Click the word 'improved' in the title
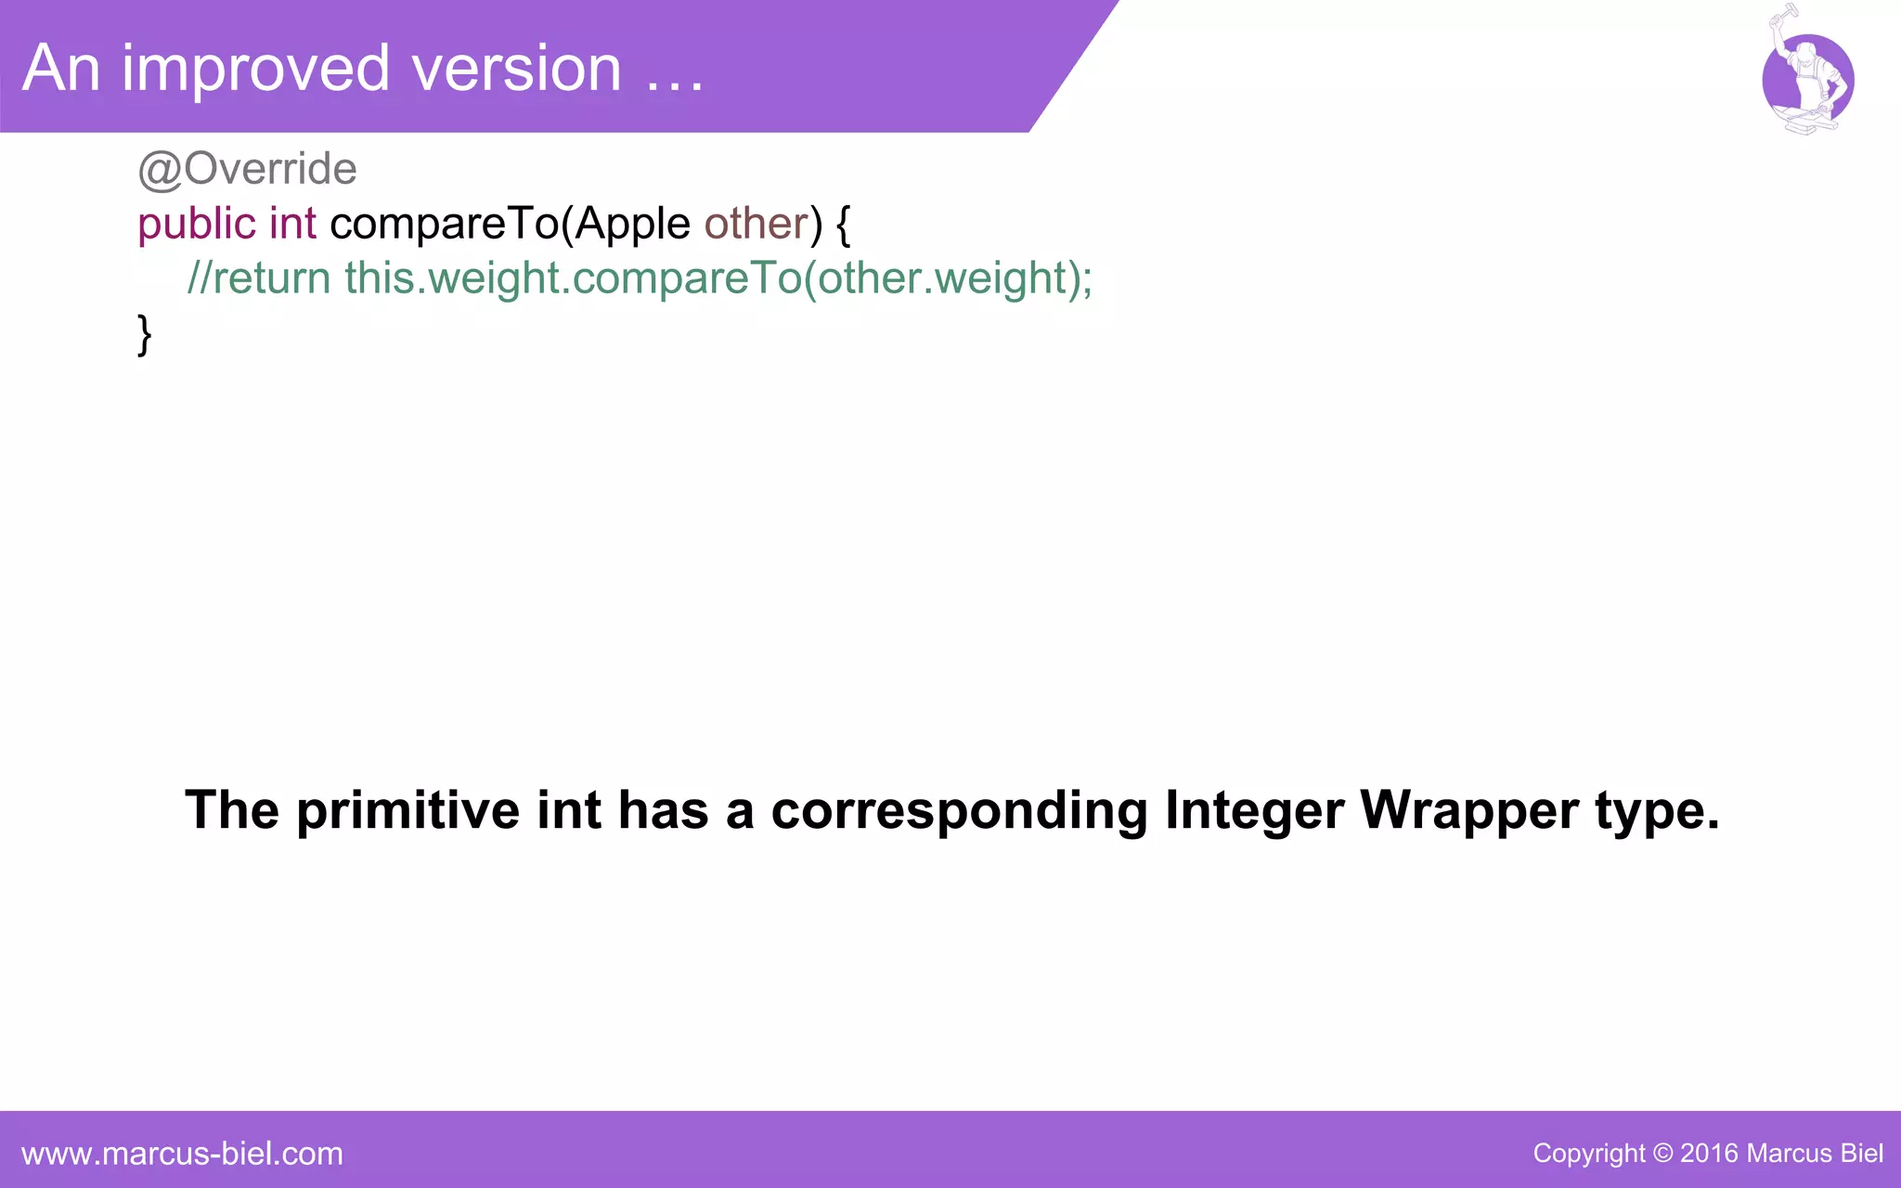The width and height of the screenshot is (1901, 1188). pyautogui.click(x=255, y=70)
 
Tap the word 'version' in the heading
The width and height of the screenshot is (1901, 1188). pyautogui.click(x=516, y=70)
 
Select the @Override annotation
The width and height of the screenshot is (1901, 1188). pyautogui.click(x=247, y=169)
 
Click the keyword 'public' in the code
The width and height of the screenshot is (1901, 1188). pyautogui.click(x=196, y=225)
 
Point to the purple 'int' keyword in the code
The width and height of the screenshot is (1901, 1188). pyautogui.click(x=292, y=224)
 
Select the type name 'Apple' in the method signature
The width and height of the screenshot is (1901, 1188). pyautogui.click(x=632, y=225)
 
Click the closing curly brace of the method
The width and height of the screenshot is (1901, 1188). pyautogui.click(x=144, y=334)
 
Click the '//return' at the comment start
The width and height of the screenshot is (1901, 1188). pyautogui.click(x=259, y=278)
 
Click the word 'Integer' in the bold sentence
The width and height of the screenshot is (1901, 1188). pyautogui.click(x=1254, y=810)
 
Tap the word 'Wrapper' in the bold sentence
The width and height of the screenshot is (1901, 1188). pyautogui.click(x=1469, y=810)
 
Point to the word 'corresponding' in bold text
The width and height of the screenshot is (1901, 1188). pyautogui.click(x=960, y=810)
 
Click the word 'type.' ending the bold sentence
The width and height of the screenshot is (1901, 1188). pyautogui.click(x=1657, y=810)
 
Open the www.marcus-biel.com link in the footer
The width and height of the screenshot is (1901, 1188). pyautogui.click(x=182, y=1154)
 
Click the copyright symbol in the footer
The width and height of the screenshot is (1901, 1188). pyautogui.click(x=1662, y=1154)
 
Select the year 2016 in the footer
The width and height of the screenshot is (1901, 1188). pyautogui.click(x=1709, y=1154)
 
